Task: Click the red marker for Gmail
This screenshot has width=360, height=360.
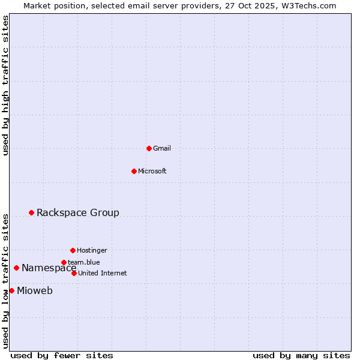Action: click(149, 148)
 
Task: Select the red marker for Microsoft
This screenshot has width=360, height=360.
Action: click(134, 171)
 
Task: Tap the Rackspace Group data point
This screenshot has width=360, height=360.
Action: click(31, 212)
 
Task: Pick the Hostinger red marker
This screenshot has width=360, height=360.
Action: click(73, 250)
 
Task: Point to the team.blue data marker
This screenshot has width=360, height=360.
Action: click(64, 262)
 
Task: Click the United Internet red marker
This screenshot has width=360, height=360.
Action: click(74, 273)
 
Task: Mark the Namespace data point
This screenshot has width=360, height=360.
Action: click(16, 268)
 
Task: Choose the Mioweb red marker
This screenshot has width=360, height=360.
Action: click(11, 290)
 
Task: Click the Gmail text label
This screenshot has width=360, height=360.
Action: click(162, 148)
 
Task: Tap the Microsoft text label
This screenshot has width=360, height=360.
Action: click(152, 171)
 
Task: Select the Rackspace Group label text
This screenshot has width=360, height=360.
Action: click(78, 212)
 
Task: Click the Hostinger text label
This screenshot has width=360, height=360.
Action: click(92, 250)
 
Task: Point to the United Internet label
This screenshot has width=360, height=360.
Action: click(103, 273)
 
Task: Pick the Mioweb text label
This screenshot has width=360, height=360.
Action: click(35, 291)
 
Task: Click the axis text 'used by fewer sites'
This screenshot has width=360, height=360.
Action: click(62, 355)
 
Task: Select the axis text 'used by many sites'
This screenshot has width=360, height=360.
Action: click(301, 355)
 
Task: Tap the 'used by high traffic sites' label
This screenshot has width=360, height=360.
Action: click(6, 85)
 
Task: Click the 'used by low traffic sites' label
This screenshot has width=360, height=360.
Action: click(6, 280)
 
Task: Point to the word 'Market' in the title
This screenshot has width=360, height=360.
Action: click(38, 5)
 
